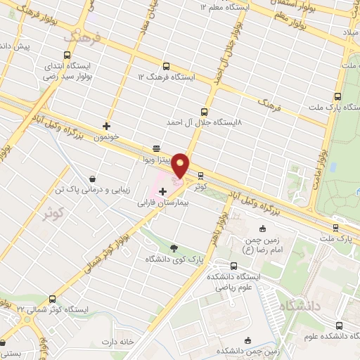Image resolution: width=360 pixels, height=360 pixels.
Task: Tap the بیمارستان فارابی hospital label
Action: [164, 201]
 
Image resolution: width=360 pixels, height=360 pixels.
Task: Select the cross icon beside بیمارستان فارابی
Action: [162, 191]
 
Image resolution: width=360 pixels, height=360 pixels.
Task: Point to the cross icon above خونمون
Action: [106, 127]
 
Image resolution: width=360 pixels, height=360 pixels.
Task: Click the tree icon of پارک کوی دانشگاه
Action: [174, 247]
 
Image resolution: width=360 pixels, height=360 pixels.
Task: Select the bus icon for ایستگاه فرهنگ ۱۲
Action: [166, 65]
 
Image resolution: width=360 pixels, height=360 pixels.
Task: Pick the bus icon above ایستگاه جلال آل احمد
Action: [205, 111]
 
